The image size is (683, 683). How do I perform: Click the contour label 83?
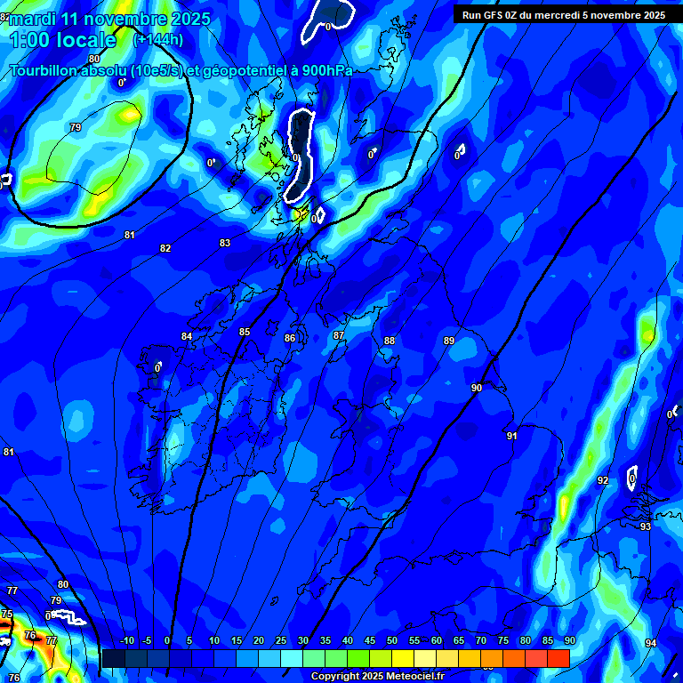click(x=225, y=243)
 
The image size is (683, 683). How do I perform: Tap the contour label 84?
click(x=187, y=336)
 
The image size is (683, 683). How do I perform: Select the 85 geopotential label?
click(x=245, y=332)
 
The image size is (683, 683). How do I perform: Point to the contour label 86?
click(x=290, y=338)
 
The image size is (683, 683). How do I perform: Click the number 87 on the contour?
click(x=339, y=335)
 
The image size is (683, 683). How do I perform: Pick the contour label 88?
click(x=390, y=341)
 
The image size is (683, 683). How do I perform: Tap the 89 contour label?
click(x=449, y=341)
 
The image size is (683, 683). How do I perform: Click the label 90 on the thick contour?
click(x=477, y=388)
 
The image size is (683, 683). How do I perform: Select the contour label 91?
click(x=512, y=436)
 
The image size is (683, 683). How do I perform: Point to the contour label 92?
click(x=603, y=480)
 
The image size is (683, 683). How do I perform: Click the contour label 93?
click(x=646, y=526)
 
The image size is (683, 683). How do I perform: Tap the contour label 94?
click(x=651, y=643)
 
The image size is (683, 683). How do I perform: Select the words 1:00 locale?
click(x=62, y=40)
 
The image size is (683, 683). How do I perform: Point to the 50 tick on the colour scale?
click(x=392, y=641)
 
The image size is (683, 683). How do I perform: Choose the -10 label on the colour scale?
click(x=126, y=641)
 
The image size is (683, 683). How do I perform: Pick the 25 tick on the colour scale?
click(x=281, y=641)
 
